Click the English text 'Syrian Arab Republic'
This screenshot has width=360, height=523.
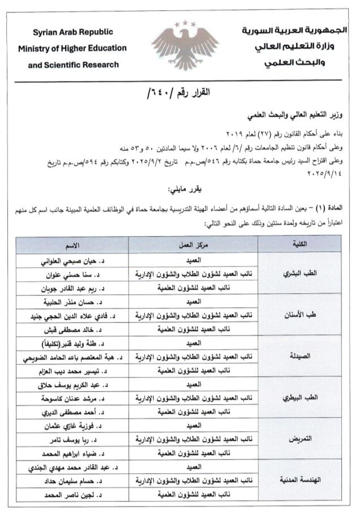73,32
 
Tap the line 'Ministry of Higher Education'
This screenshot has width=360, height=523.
73,48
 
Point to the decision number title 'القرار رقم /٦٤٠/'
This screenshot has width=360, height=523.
179,92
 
